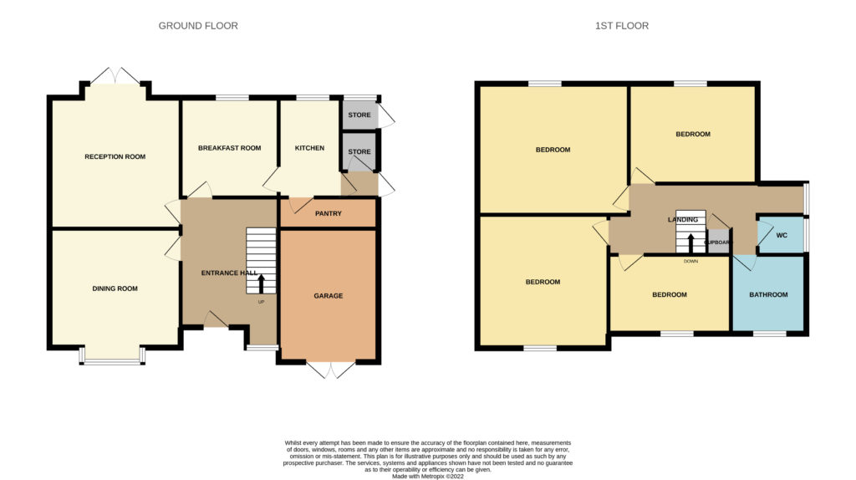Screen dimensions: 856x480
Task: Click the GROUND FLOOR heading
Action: tap(198, 26)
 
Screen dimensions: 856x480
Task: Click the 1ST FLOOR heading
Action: tap(622, 26)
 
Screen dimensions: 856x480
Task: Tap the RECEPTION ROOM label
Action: tap(115, 156)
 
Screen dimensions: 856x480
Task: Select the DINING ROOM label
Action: tap(115, 289)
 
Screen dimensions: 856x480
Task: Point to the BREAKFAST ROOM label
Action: tap(229, 148)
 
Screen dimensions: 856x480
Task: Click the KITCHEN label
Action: tap(309, 148)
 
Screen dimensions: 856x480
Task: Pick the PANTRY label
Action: tap(328, 213)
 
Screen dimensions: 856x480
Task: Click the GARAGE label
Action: tap(328, 296)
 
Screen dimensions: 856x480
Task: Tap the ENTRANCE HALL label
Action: tap(229, 273)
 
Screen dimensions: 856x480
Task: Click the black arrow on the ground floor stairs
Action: tap(261, 284)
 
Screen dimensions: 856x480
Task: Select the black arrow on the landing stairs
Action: tap(690, 243)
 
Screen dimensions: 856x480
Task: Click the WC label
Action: tap(782, 236)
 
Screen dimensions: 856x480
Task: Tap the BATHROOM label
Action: tap(769, 295)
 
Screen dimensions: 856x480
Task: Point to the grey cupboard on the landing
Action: tap(718, 241)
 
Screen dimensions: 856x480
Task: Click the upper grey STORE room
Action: tap(359, 115)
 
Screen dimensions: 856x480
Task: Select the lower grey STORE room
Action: tap(359, 152)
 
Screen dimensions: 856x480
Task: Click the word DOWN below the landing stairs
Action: tap(690, 262)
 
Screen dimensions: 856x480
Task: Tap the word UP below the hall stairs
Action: tap(261, 302)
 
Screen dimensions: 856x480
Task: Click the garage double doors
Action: tap(331, 369)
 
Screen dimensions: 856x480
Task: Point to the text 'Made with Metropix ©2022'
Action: tap(428, 476)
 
